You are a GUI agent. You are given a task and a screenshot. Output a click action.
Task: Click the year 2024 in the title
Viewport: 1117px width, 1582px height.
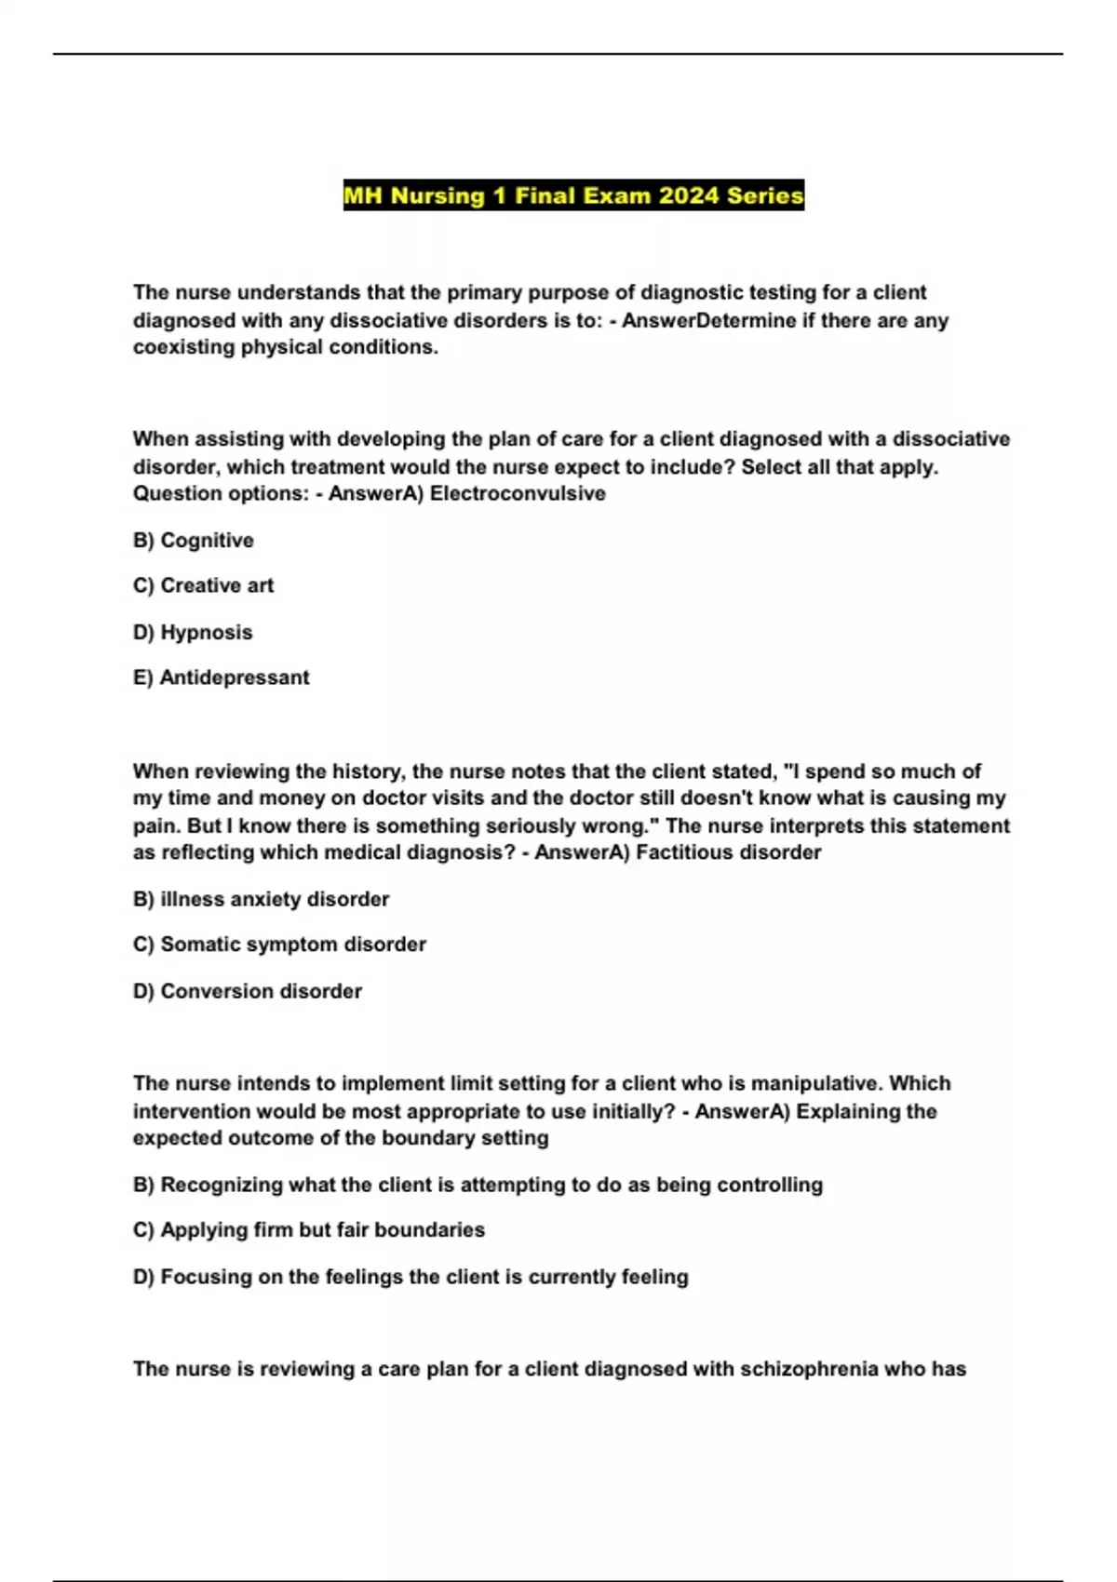(x=689, y=195)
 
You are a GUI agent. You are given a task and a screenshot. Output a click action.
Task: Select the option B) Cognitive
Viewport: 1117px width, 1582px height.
(x=194, y=541)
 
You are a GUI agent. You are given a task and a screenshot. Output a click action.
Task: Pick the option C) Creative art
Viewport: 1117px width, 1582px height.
(x=203, y=586)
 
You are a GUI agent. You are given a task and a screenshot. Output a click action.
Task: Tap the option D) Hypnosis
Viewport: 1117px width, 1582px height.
(x=193, y=633)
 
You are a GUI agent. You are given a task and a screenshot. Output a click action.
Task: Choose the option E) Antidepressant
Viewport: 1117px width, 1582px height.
(x=221, y=678)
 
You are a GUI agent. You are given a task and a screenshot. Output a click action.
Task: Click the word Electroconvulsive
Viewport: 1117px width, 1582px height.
(x=518, y=494)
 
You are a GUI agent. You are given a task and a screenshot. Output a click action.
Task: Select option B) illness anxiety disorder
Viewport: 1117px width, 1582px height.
(x=261, y=900)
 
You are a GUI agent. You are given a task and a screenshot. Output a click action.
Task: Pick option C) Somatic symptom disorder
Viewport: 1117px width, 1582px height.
(x=279, y=945)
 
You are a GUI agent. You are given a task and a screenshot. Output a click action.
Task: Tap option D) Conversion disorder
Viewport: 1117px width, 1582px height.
(x=247, y=992)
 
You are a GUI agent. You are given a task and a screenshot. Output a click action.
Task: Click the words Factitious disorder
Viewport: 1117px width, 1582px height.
(x=728, y=853)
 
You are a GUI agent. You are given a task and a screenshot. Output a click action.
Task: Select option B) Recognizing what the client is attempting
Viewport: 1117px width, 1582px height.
(x=478, y=1186)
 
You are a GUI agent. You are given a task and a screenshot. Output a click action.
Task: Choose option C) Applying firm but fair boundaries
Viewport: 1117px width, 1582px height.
(x=309, y=1230)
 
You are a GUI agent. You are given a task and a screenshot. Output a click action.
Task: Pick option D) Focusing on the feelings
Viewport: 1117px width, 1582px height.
(x=410, y=1278)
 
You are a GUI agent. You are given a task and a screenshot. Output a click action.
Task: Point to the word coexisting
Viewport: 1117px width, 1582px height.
(x=183, y=348)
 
